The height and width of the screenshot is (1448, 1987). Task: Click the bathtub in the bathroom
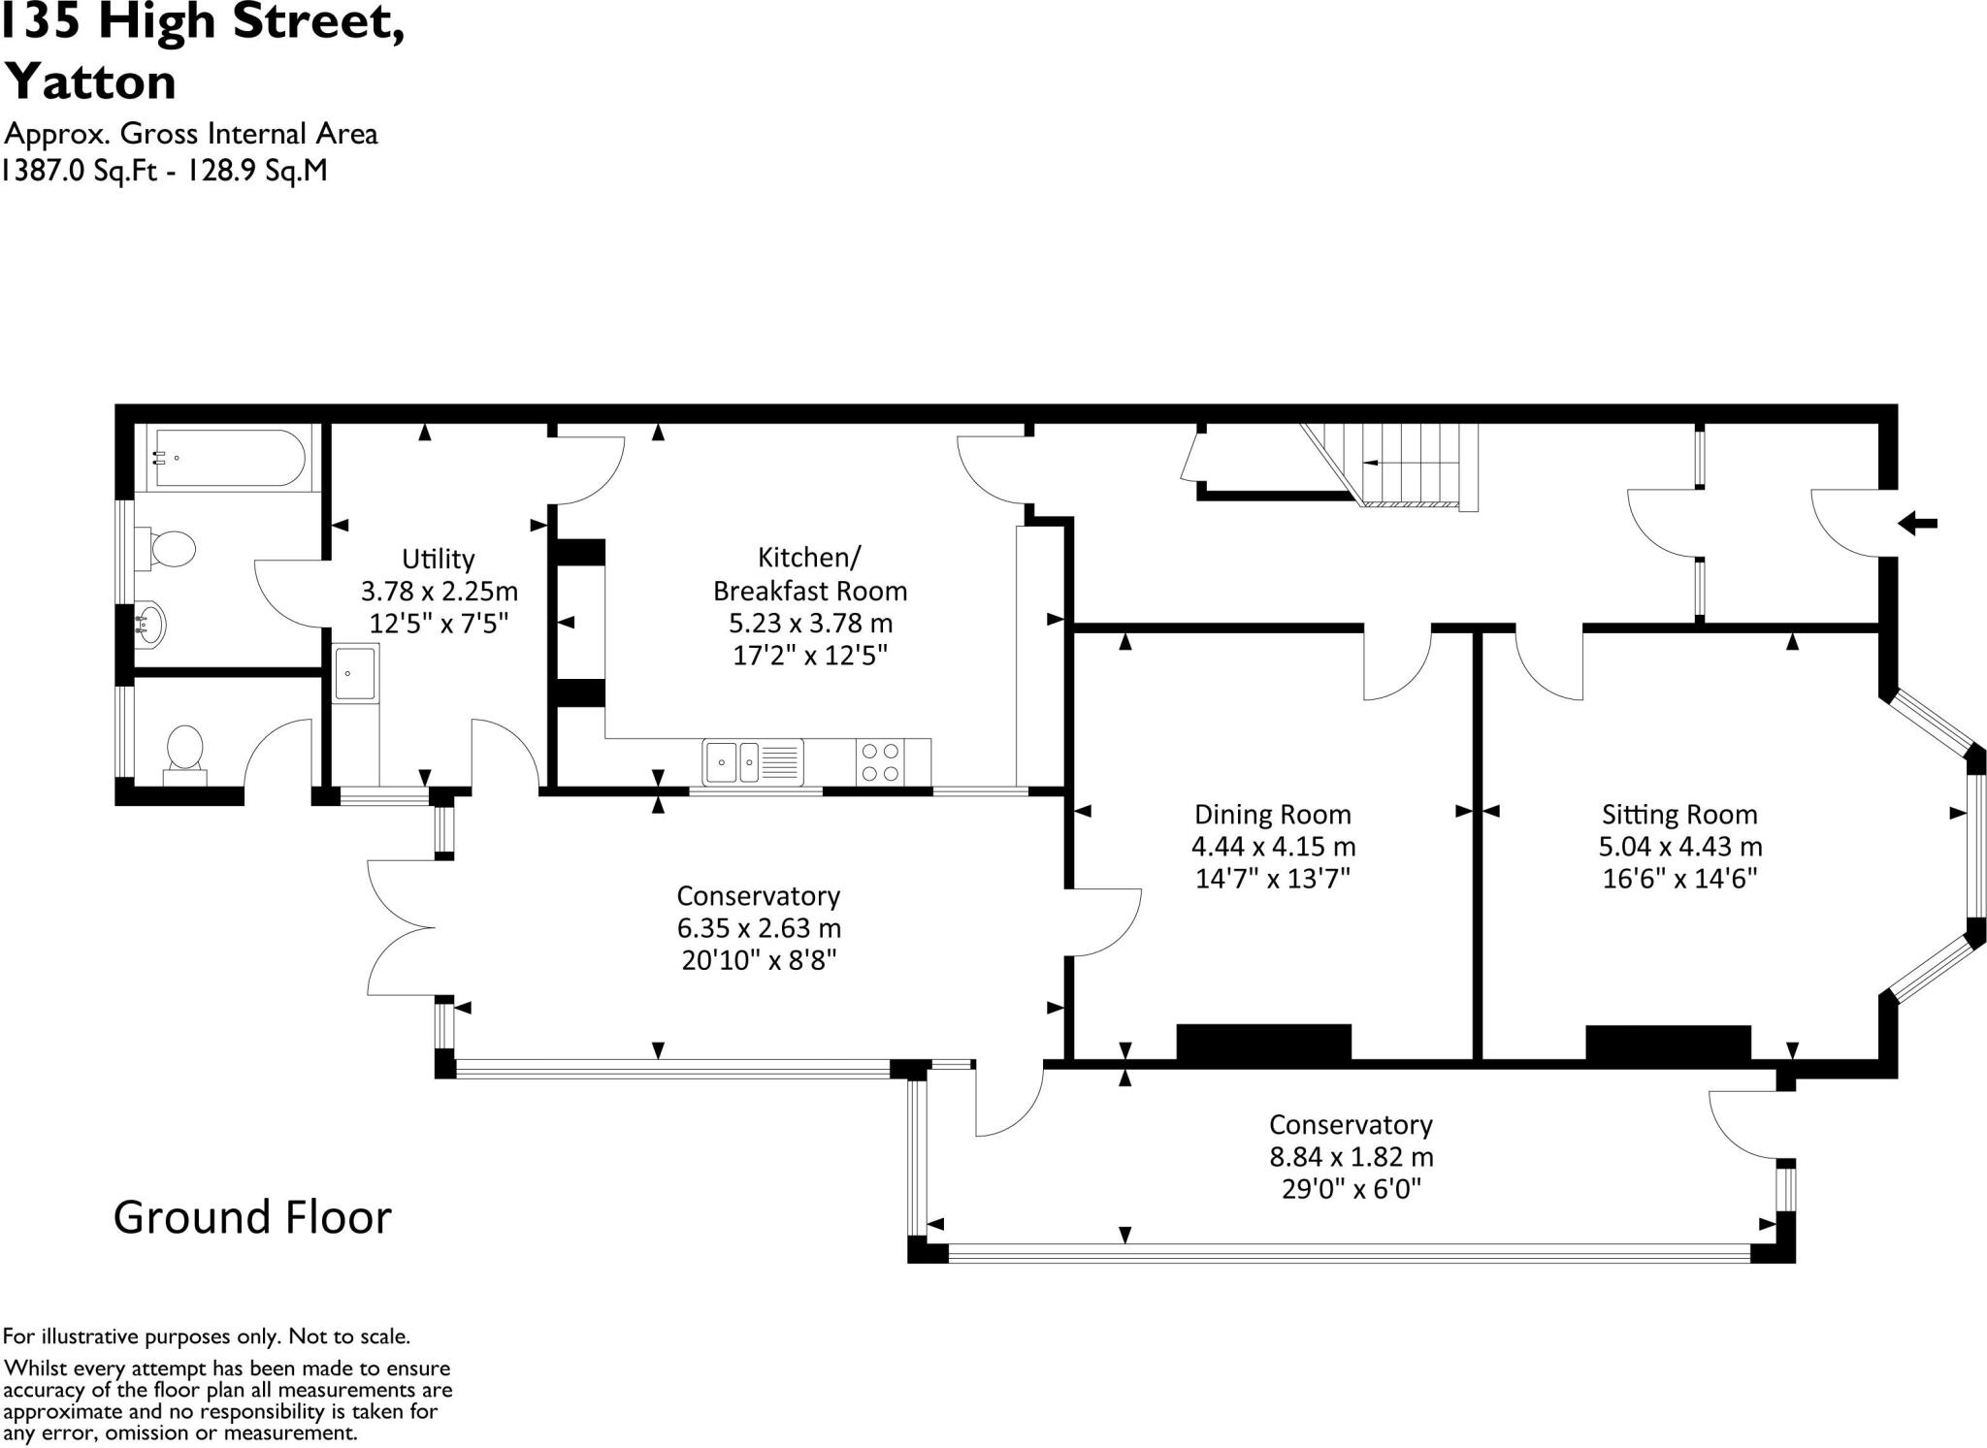(x=229, y=458)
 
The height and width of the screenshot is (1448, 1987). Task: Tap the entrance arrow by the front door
(x=1917, y=524)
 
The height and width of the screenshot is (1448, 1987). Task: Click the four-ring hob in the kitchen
(x=881, y=761)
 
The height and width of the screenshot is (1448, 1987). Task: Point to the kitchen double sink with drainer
(x=753, y=762)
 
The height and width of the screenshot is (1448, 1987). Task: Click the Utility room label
(x=439, y=559)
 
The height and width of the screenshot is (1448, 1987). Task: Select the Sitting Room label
(x=1679, y=814)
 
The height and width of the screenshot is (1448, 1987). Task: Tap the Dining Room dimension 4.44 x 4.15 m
(x=1273, y=846)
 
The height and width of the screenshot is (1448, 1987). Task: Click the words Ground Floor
(x=252, y=1217)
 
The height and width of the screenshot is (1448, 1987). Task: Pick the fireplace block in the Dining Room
(x=1263, y=1043)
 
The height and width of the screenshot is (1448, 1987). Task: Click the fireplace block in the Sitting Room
(x=1668, y=1044)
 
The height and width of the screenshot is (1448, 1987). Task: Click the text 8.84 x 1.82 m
(x=1351, y=1157)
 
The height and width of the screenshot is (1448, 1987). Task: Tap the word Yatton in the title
(x=91, y=81)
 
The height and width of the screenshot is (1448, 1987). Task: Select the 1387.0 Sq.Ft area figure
(x=80, y=171)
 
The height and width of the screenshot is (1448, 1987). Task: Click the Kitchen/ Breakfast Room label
(x=810, y=573)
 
